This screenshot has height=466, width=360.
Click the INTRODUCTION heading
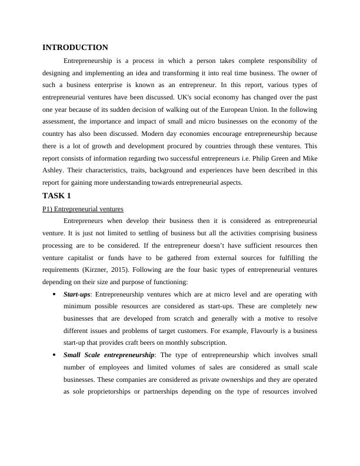point(75,48)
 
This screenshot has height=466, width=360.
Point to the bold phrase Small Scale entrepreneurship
point(109,355)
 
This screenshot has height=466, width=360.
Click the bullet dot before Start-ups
point(54,294)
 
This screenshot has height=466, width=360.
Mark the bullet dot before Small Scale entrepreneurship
point(54,355)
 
